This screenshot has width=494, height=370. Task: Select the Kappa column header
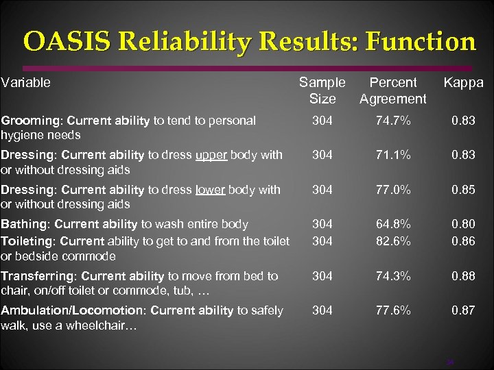click(463, 83)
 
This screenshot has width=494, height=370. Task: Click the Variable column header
click(26, 83)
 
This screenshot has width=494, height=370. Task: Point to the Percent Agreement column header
click(392, 90)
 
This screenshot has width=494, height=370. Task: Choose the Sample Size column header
click(322, 90)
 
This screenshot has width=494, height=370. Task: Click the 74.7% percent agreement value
click(392, 121)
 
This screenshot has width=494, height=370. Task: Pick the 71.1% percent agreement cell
click(392, 155)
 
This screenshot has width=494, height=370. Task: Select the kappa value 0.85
click(463, 190)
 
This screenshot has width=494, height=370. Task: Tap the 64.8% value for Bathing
click(392, 224)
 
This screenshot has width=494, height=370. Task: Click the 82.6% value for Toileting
click(392, 240)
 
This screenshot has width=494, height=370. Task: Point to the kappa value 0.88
click(463, 276)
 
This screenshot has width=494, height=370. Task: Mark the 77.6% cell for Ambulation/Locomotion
click(392, 310)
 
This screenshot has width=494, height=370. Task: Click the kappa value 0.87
click(463, 310)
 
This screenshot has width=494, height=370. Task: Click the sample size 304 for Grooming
click(322, 121)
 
